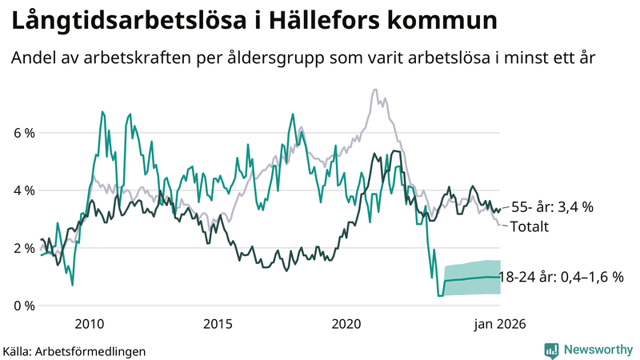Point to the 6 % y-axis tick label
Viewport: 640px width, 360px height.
tap(24, 133)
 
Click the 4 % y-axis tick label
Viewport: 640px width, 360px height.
tap(24, 190)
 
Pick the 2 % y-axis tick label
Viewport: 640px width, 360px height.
tap(24, 248)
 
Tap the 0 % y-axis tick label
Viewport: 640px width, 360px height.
tap(24, 306)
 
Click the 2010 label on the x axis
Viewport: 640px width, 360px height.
tap(89, 324)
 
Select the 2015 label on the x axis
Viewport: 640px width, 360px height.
tap(218, 324)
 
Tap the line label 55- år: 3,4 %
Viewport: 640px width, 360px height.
tap(551, 207)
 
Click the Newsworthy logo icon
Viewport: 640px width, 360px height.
tap(551, 350)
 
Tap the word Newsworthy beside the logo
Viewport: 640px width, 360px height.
tap(598, 350)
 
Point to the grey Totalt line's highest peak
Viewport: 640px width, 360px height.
tap(375, 90)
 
